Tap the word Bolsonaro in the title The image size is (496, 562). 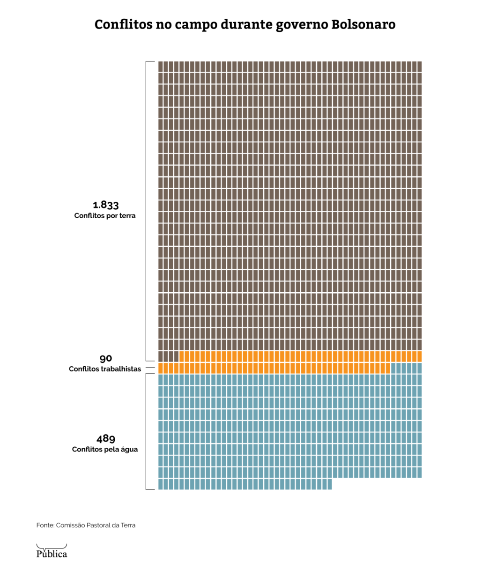tap(363, 24)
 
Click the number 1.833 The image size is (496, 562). tap(105, 205)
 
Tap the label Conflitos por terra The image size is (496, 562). tap(105, 216)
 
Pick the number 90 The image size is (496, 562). tap(106, 358)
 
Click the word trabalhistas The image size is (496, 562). tap(120, 369)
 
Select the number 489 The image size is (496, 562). tap(106, 439)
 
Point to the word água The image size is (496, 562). tap(129, 450)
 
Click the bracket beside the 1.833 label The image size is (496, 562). tap(147, 211)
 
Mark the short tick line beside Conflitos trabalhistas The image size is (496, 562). tap(149, 369)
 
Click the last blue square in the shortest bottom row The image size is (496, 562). tap(329, 484)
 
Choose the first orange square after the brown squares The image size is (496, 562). tap(182, 356)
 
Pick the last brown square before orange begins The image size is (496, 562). tap(176, 356)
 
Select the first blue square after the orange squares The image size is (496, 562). tap(393, 368)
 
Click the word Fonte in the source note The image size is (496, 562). tap(44, 525)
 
